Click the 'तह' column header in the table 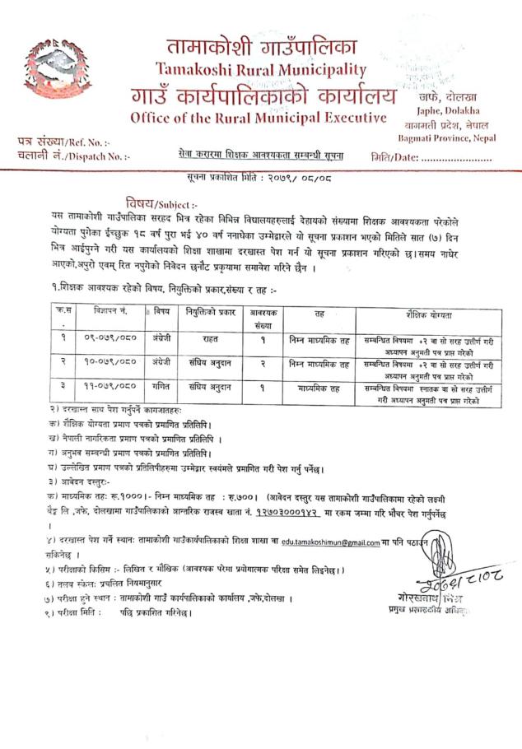[319, 314]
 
